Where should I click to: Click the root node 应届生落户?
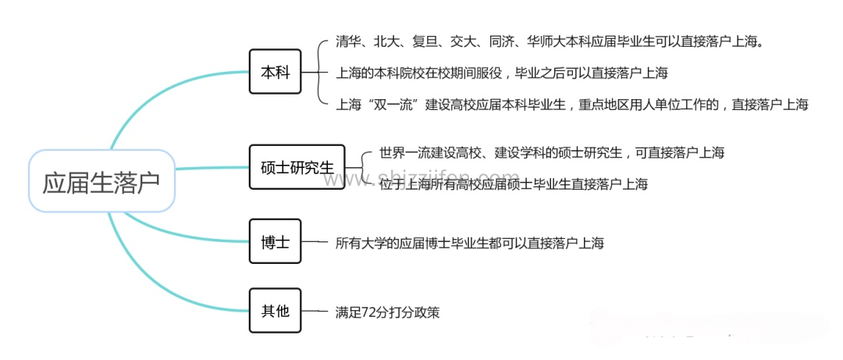(101, 181)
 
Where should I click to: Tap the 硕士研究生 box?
(297, 167)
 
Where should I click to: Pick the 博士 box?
(275, 243)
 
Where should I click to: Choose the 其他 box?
(275, 311)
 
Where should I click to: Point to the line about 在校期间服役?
(501, 73)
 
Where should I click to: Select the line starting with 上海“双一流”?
(571, 105)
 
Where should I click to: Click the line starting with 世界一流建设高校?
(551, 152)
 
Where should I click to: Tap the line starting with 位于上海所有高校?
(513, 184)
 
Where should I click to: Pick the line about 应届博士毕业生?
(469, 243)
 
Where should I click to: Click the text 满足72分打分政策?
(387, 312)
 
